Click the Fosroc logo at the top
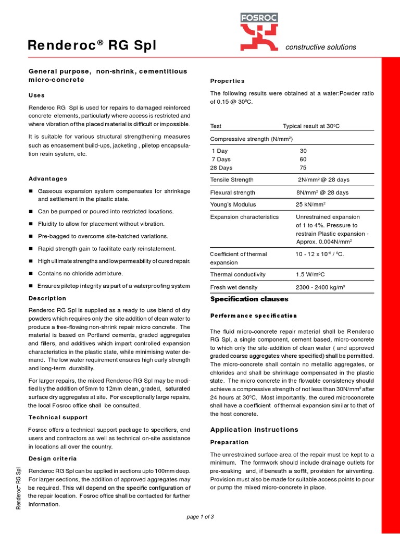(259, 34)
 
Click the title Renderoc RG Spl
(92, 47)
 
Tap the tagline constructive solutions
(320, 47)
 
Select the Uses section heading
(36, 95)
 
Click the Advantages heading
(48, 178)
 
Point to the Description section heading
(47, 298)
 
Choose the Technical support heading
(58, 417)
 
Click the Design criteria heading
(53, 458)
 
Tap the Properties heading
(227, 81)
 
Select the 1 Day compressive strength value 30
(303, 151)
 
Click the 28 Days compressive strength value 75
(303, 168)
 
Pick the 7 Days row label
(221, 159)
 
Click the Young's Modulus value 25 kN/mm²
(311, 204)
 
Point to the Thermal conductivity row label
(238, 274)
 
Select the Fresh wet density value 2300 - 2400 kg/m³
(320, 287)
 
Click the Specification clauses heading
(249, 299)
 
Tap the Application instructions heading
(254, 430)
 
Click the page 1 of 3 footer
(200, 517)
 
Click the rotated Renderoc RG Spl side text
(19, 488)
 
